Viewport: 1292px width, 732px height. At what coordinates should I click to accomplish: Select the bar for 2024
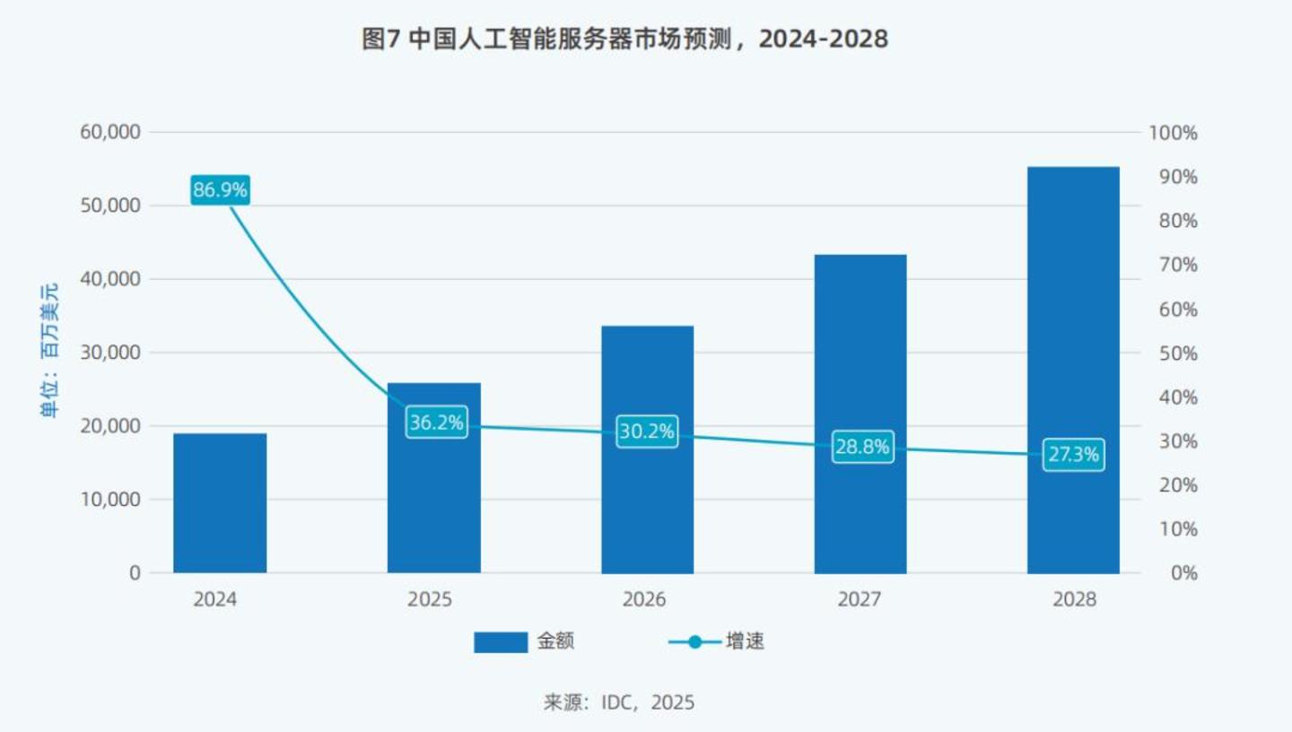coord(220,503)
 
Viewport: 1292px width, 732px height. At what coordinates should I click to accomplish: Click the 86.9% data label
coord(220,190)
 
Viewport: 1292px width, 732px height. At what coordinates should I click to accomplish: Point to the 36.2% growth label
coord(436,423)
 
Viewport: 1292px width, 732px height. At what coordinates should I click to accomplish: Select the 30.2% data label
coord(646,431)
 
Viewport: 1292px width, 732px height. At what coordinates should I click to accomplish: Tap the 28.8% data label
coord(861,447)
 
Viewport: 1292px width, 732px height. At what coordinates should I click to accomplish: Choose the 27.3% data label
coord(1073,455)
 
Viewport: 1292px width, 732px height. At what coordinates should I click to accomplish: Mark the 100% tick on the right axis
coord(1173,133)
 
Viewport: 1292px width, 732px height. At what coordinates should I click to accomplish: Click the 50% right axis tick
coord(1173,353)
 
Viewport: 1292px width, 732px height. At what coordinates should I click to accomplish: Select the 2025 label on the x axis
coord(430,600)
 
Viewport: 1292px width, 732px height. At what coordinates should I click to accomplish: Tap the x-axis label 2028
coord(1074,600)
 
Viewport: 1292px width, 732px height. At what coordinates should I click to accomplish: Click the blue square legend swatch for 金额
coord(501,641)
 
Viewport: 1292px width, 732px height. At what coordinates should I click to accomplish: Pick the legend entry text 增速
coord(746,641)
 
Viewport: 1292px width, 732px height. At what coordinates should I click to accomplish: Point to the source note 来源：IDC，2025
coord(618,701)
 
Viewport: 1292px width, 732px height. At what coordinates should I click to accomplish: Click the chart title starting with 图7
coord(624,39)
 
